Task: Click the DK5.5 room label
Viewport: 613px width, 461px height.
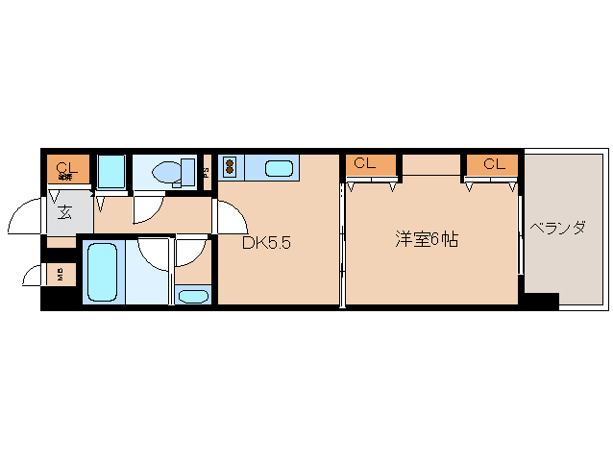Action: (x=265, y=243)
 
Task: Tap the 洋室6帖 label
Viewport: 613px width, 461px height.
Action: (x=426, y=239)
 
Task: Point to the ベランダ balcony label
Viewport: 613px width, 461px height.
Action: (x=557, y=229)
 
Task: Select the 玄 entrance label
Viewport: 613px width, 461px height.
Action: (x=64, y=213)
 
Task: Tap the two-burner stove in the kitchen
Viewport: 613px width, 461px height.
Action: (x=231, y=168)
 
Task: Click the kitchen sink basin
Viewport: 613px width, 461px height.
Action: (x=279, y=169)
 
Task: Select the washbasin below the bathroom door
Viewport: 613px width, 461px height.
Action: (x=193, y=295)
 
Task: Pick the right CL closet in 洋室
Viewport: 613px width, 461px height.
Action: (x=493, y=164)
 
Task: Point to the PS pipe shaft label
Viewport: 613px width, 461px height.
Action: (x=207, y=172)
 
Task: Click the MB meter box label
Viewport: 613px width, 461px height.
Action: (x=60, y=275)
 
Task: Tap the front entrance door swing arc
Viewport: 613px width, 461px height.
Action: (x=27, y=218)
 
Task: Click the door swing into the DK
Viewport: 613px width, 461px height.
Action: (x=228, y=217)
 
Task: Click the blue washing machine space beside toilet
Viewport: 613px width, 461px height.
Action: (x=110, y=171)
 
